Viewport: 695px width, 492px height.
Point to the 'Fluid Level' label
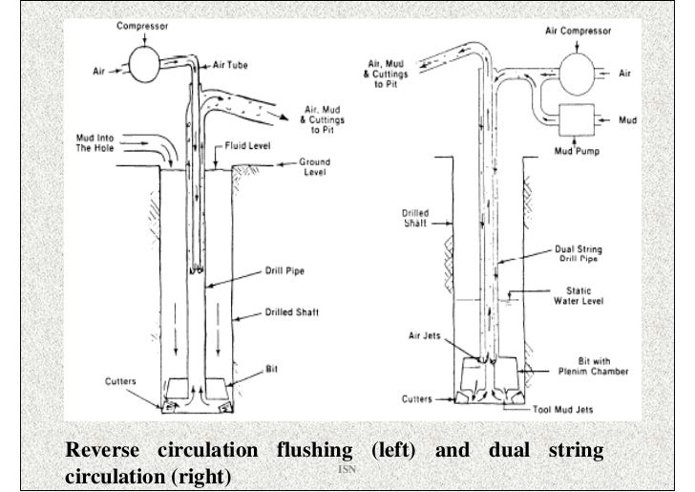[249, 148]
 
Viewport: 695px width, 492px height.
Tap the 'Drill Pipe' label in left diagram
[284, 271]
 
